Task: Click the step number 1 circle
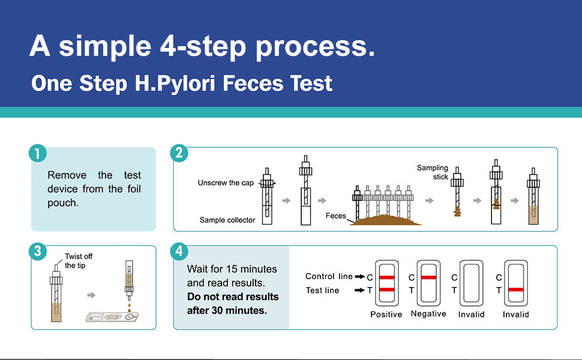click(37, 154)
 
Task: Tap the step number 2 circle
click(179, 154)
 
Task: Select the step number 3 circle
click(37, 251)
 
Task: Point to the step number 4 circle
click(179, 251)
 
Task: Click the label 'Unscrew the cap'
click(226, 183)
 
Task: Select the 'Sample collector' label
click(227, 220)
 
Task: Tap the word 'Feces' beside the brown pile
click(335, 215)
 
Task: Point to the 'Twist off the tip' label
click(79, 261)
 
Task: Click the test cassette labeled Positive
click(386, 284)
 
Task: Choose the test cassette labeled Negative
click(428, 284)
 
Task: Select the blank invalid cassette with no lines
click(471, 284)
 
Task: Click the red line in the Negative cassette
click(428, 277)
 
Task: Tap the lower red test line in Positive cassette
click(386, 290)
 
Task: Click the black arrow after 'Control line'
click(360, 277)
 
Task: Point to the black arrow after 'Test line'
click(360, 290)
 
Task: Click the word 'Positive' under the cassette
click(386, 314)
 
